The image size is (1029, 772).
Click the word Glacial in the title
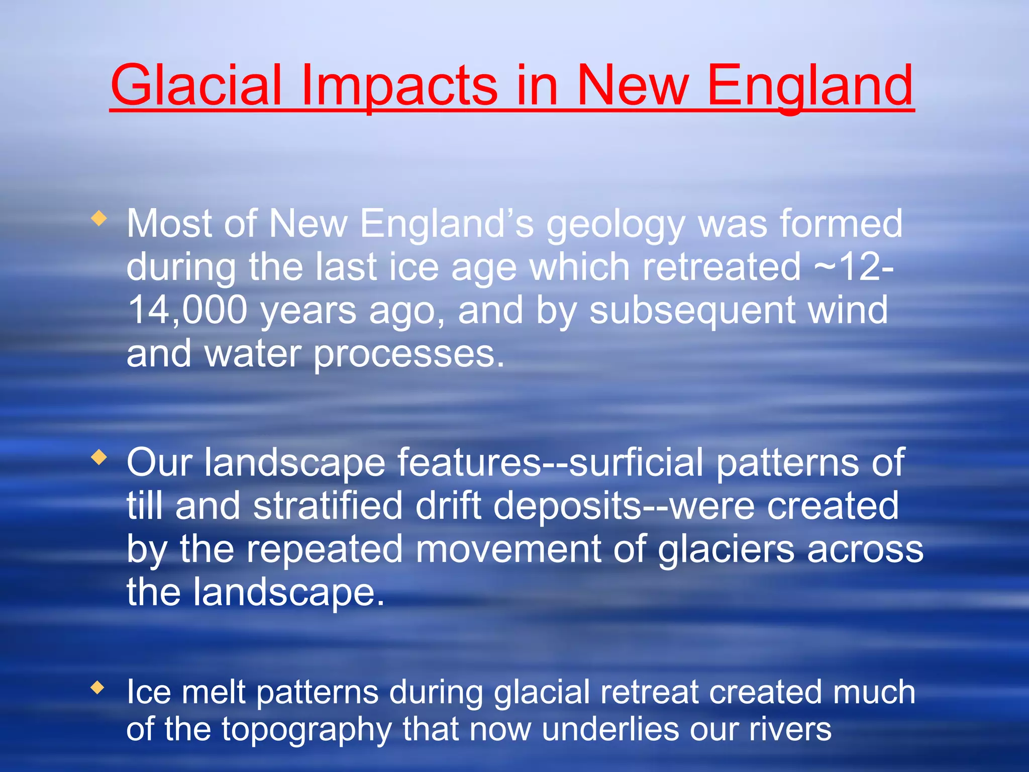tap(196, 85)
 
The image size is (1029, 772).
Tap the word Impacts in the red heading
tap(399, 85)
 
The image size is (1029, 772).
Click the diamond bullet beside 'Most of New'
tap(99, 218)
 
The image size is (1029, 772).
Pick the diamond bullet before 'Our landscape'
tap(99, 457)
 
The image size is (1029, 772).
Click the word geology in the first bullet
tap(616, 225)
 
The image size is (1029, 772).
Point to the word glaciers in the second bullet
tap(726, 549)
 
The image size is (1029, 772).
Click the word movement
tap(508, 549)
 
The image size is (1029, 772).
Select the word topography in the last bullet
tap(306, 730)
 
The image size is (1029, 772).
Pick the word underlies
tap(610, 729)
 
